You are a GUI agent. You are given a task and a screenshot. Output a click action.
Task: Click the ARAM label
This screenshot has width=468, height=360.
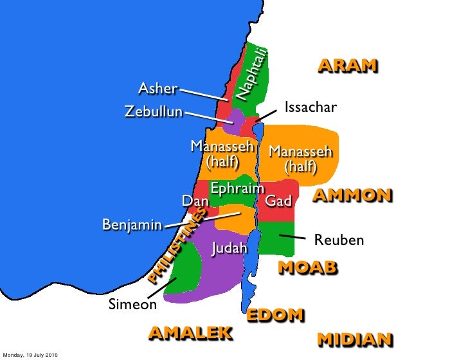pyautogui.click(x=347, y=66)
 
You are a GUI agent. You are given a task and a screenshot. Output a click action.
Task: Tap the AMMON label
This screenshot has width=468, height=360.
pyautogui.click(x=352, y=196)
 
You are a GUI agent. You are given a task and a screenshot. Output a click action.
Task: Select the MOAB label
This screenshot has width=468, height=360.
pyautogui.click(x=307, y=267)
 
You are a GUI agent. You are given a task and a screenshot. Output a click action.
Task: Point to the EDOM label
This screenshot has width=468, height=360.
pyautogui.click(x=275, y=315)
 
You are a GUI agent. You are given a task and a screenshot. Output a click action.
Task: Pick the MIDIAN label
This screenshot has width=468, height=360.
pyautogui.click(x=355, y=339)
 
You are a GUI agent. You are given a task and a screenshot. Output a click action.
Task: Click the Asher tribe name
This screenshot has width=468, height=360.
pyautogui.click(x=158, y=89)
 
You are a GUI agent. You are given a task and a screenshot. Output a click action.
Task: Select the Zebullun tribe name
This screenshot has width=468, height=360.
pyautogui.click(x=153, y=113)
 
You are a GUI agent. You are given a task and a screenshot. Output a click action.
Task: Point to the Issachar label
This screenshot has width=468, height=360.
pyautogui.click(x=310, y=107)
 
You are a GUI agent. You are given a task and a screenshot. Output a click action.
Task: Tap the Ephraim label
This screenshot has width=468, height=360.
pyautogui.click(x=237, y=189)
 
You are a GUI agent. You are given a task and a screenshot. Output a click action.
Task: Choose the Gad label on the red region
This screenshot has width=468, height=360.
pyautogui.click(x=278, y=202)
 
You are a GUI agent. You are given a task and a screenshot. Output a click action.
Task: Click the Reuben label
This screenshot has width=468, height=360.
pyautogui.click(x=339, y=240)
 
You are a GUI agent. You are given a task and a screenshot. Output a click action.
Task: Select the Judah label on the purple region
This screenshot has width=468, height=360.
pyautogui.click(x=230, y=248)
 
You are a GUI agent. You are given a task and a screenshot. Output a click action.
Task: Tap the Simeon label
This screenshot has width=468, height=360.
pyautogui.click(x=132, y=304)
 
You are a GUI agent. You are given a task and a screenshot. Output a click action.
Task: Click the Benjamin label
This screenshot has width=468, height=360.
pyautogui.click(x=132, y=226)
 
